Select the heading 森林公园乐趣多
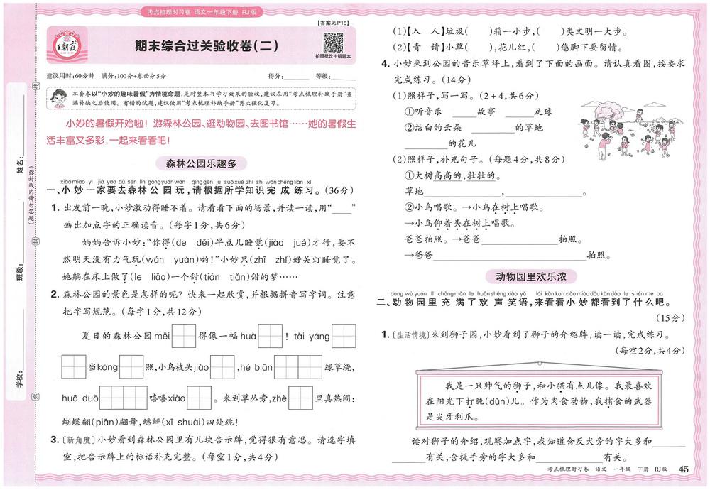point(201,163)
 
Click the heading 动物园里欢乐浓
point(531,276)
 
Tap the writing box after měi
point(184,334)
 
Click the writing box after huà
point(270,334)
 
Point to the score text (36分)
point(343,191)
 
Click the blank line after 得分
point(296,75)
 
